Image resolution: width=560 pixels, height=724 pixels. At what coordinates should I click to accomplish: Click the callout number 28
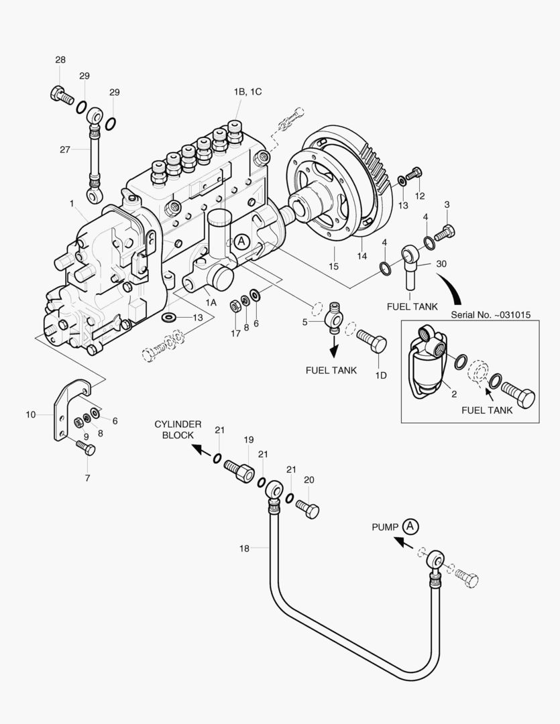point(60,60)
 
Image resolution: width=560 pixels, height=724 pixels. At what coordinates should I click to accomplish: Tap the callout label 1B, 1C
point(247,92)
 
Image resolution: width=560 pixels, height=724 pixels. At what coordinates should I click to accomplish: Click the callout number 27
point(64,149)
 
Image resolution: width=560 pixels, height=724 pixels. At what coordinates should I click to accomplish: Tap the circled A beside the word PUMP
point(411,526)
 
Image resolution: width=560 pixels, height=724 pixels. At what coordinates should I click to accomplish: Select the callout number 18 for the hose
point(244,548)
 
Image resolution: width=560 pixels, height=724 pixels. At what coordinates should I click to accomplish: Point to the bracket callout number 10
point(30,414)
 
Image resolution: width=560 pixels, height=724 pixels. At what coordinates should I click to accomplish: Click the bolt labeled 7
point(87,448)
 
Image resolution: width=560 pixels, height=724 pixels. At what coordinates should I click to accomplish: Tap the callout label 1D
point(380,375)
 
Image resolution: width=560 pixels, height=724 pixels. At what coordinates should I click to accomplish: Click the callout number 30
point(440,263)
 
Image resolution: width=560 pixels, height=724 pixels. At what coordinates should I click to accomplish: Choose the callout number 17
point(235,333)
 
